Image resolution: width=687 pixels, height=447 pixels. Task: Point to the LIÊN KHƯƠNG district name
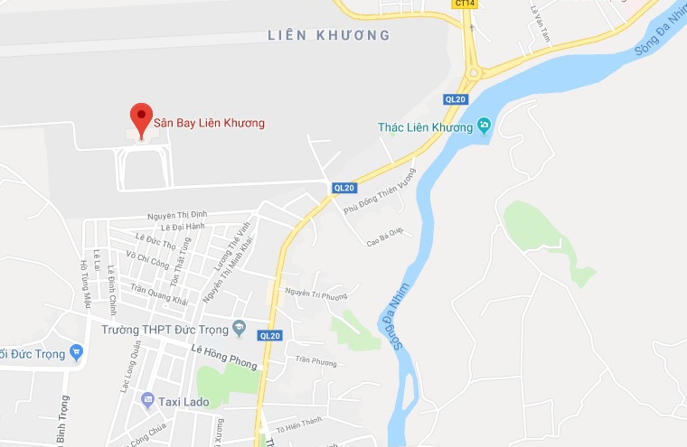click(x=329, y=36)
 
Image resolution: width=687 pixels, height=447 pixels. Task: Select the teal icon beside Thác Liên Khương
click(x=485, y=126)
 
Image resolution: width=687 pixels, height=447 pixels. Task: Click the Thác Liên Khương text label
click(x=425, y=127)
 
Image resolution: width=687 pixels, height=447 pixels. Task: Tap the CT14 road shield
click(x=465, y=4)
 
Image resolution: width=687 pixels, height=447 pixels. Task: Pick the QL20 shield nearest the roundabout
click(x=455, y=99)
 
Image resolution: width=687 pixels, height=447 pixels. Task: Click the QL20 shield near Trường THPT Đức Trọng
click(x=270, y=336)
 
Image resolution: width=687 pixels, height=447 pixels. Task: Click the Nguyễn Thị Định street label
click(x=177, y=216)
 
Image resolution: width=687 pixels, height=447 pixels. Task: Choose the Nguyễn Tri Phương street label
click(x=315, y=293)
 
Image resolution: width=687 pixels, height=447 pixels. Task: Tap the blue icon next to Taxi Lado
click(x=147, y=398)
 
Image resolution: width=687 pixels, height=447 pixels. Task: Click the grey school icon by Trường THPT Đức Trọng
click(x=240, y=327)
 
